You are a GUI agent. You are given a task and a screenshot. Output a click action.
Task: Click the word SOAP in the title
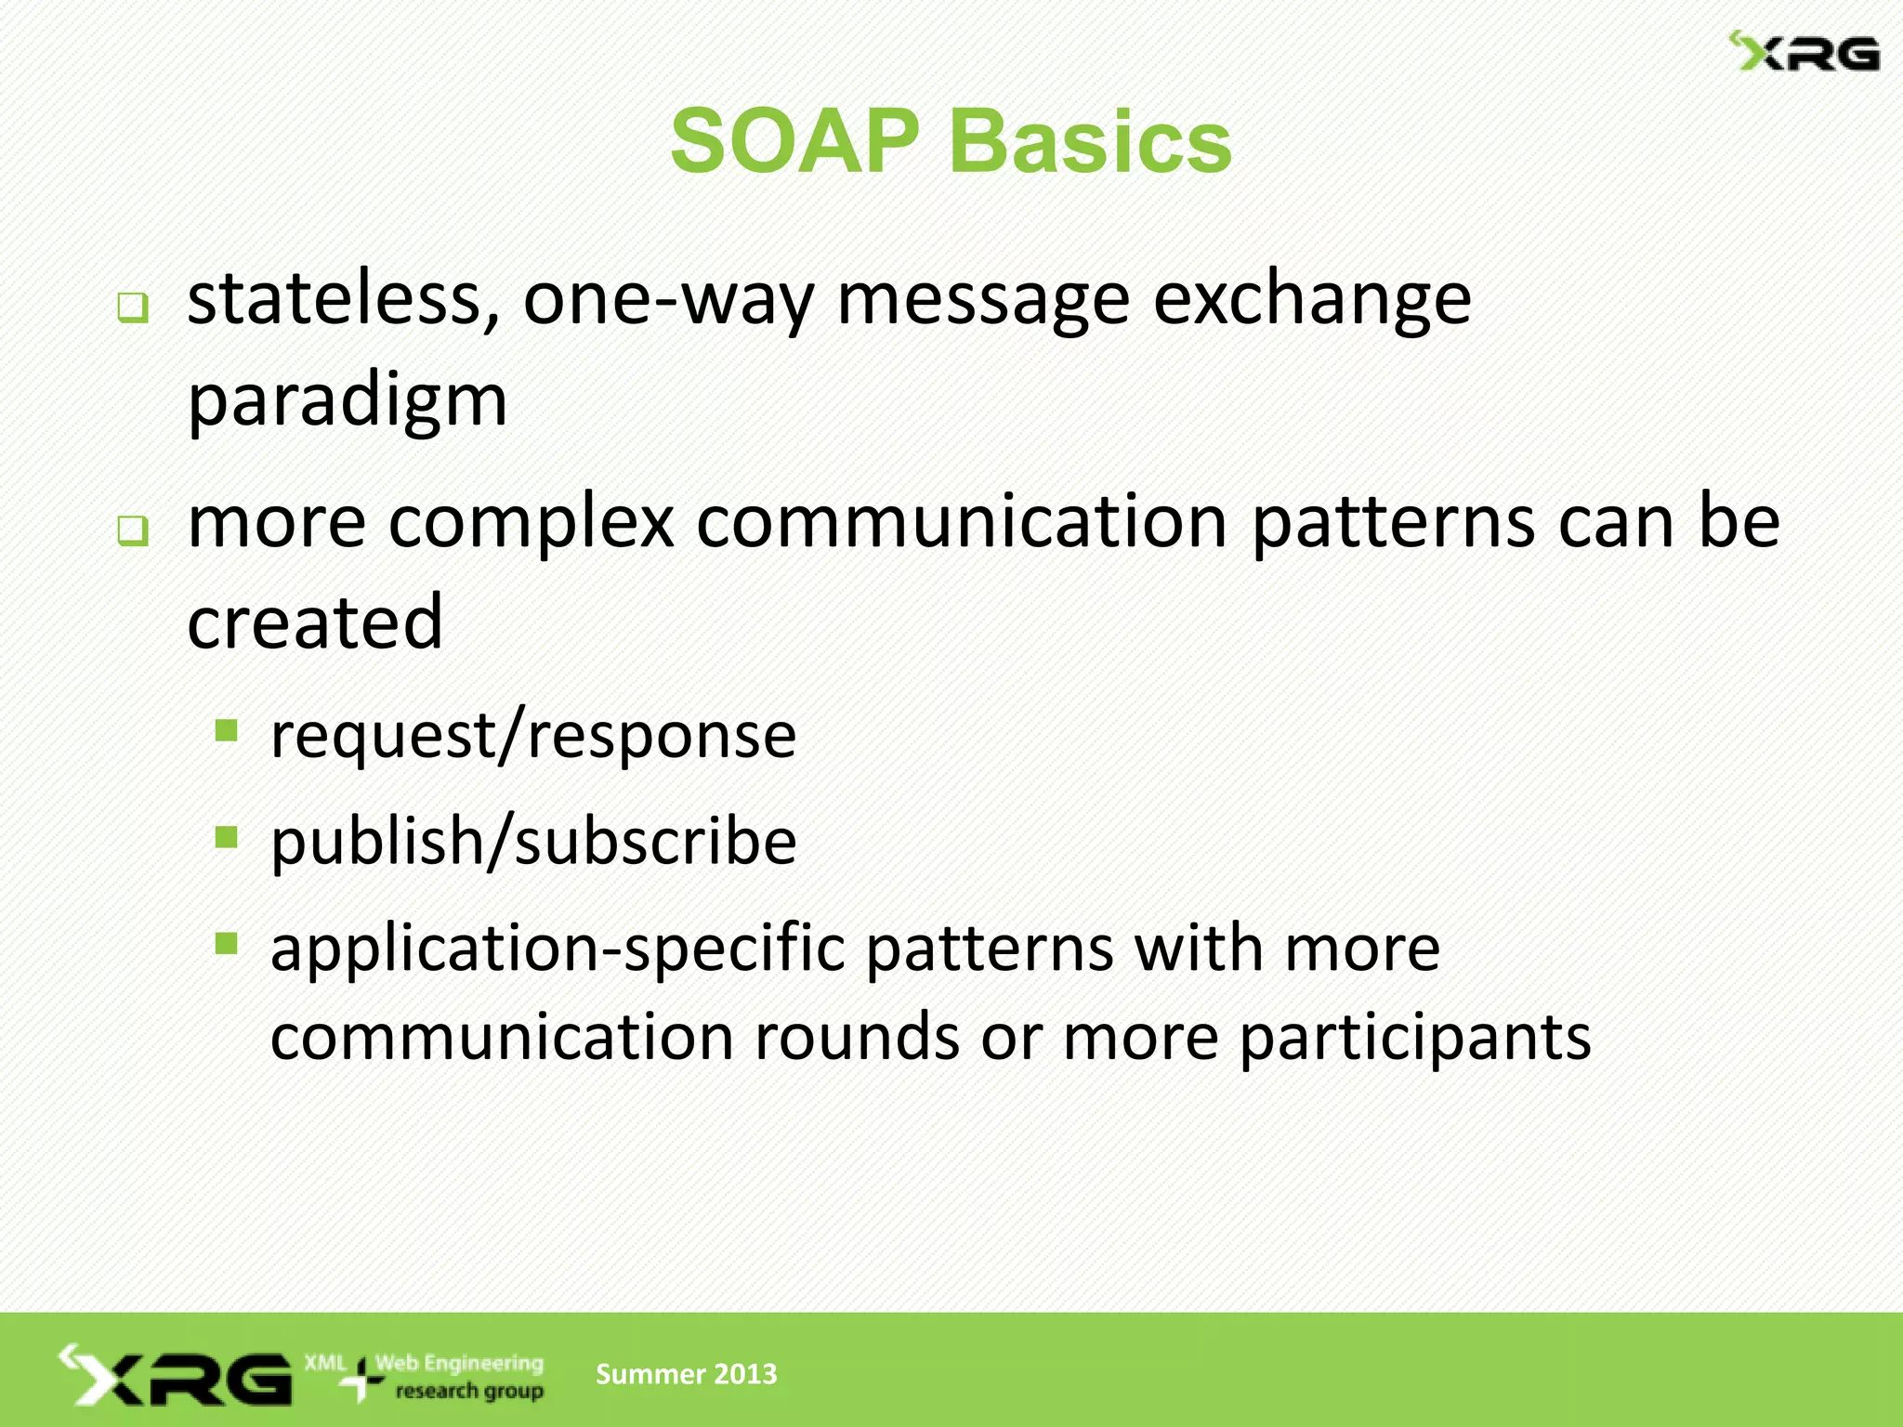(794, 142)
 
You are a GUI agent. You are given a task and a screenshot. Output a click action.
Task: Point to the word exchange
(1312, 299)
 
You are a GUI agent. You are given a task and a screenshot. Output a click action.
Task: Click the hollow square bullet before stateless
(133, 308)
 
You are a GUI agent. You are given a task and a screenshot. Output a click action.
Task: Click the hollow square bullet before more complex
(133, 530)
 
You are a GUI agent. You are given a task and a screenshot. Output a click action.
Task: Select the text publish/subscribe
(533, 842)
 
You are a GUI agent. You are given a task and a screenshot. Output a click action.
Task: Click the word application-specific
(558, 949)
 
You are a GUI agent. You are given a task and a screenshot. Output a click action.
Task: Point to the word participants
(1415, 1037)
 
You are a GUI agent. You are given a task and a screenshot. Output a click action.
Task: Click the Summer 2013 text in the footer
(686, 1374)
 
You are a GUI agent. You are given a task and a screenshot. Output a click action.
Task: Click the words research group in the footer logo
(469, 1392)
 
